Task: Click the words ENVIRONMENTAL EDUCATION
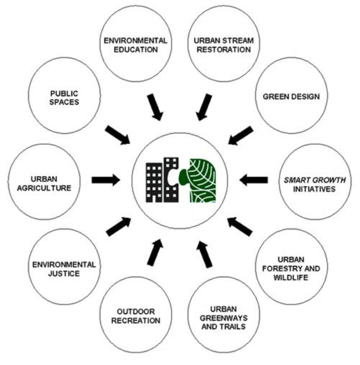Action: coord(135,45)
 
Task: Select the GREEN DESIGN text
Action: coord(291,97)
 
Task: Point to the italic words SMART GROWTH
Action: coord(315,180)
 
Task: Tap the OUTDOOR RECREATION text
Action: coord(136,316)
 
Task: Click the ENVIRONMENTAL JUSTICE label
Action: coord(64,269)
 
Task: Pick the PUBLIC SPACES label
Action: coord(64,98)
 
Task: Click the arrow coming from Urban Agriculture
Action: coord(106,180)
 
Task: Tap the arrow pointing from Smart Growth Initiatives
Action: coord(254,180)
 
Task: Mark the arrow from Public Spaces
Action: coord(118,135)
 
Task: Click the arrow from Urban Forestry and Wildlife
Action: coord(240,227)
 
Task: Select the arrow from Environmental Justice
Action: coord(119,227)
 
